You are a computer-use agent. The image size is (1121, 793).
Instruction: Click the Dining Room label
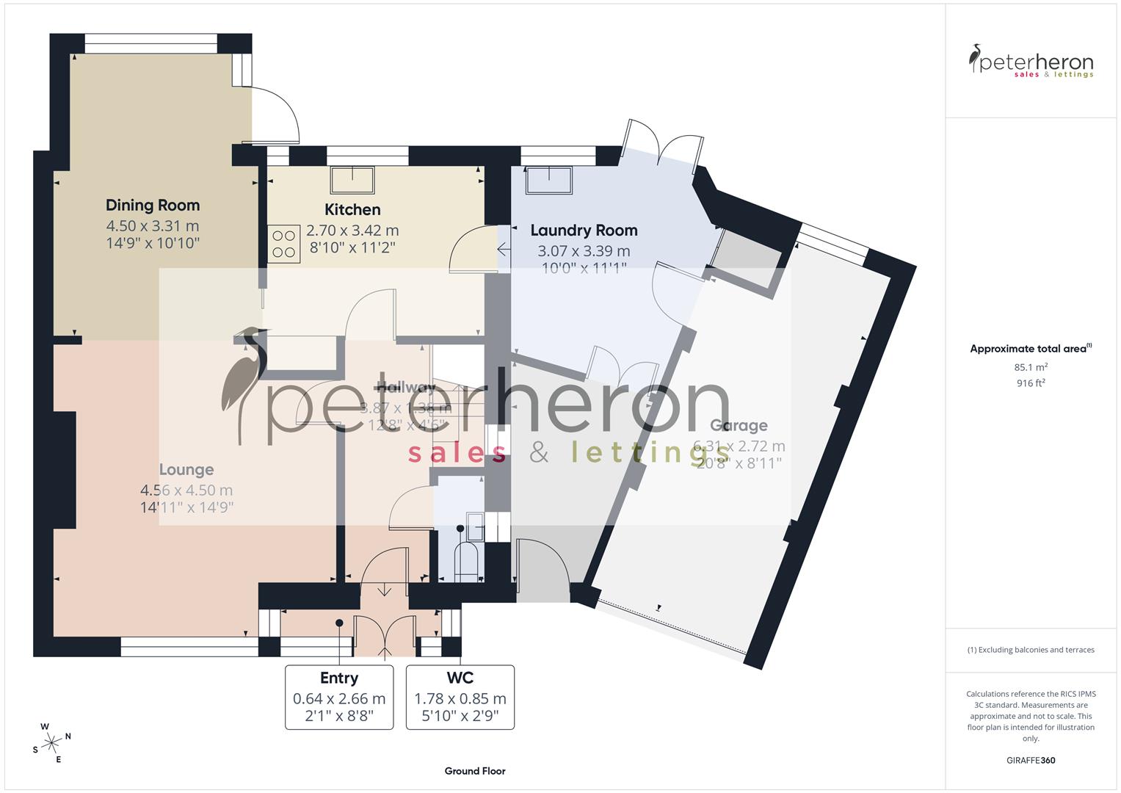coord(153,206)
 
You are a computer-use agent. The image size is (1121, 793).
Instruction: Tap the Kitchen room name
coord(352,210)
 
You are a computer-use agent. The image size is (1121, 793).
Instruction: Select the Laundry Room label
coord(584,231)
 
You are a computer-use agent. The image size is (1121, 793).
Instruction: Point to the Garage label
coord(739,426)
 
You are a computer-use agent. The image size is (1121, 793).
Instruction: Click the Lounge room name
coord(186,470)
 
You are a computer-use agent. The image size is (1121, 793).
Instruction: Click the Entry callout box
coord(339,697)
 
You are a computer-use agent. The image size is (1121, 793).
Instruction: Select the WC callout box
coord(460,697)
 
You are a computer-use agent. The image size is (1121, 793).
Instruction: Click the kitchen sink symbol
coord(353,179)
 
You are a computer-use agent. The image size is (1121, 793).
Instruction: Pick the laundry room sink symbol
coord(549,181)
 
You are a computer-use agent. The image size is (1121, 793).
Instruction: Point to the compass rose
coord(51,743)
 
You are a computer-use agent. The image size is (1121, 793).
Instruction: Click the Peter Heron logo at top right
coord(1031,62)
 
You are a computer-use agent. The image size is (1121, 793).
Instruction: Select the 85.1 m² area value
coord(1031,367)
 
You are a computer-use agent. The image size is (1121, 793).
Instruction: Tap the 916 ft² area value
coord(1031,383)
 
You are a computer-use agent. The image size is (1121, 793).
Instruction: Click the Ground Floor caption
coord(475,771)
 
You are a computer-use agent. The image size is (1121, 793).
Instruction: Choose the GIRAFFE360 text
coord(1031,761)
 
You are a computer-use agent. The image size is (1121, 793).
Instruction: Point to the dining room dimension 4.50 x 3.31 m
coord(153,226)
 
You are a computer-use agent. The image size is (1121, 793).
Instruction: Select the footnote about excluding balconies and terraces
coord(1031,650)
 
